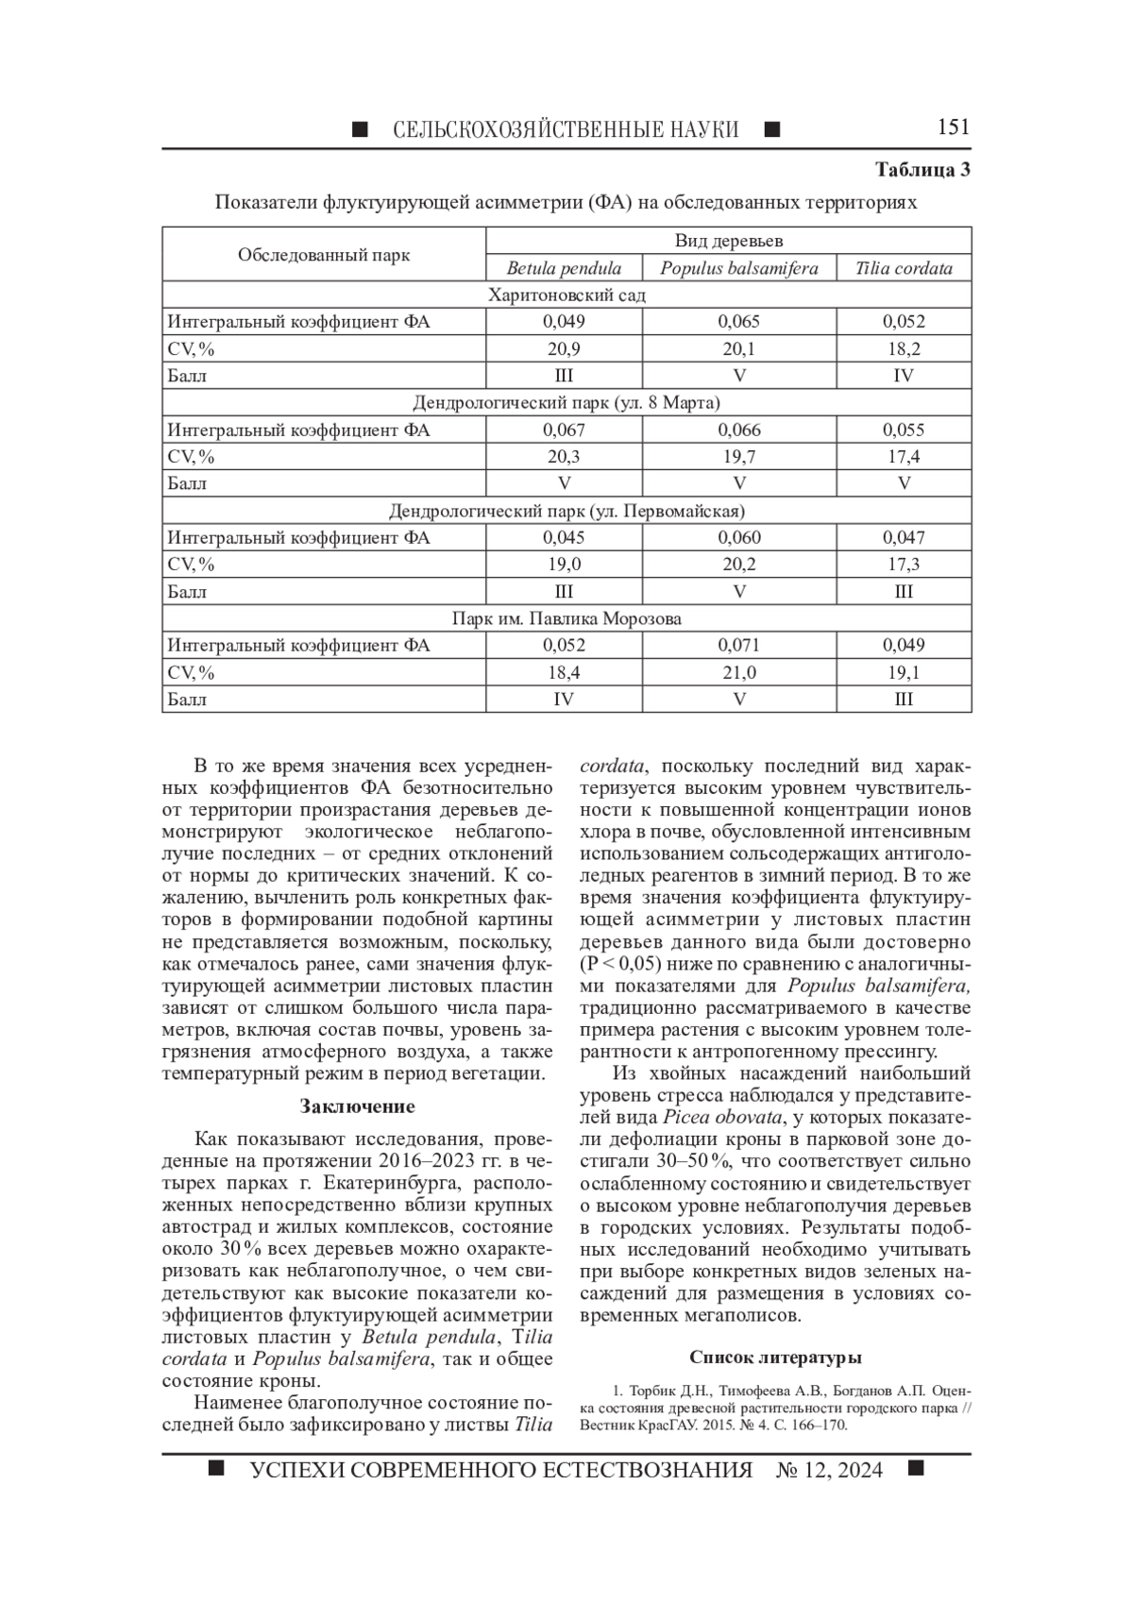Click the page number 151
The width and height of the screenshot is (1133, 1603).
tap(953, 127)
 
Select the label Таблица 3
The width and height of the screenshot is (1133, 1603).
tap(922, 171)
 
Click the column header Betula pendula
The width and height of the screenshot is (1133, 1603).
tap(564, 268)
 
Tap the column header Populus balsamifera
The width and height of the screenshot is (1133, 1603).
tap(738, 268)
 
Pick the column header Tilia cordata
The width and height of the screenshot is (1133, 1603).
tap(904, 268)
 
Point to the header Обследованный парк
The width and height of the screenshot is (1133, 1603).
tap(324, 255)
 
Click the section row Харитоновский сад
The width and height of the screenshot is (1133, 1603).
tap(566, 295)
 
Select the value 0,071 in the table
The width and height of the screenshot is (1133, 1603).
tap(738, 646)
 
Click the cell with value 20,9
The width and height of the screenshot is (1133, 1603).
tap(564, 349)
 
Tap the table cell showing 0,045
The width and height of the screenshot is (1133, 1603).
tap(564, 538)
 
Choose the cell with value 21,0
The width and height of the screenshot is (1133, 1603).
tap(738, 673)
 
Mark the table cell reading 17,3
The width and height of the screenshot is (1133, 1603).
tap(904, 565)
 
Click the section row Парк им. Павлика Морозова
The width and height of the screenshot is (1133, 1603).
tap(566, 619)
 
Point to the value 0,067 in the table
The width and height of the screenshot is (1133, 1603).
tap(564, 430)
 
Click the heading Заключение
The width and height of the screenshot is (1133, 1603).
tap(357, 1106)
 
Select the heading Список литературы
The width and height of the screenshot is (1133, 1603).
tap(775, 1358)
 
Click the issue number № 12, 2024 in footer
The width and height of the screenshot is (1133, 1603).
tap(828, 1471)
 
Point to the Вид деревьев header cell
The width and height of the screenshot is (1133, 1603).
tap(728, 242)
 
